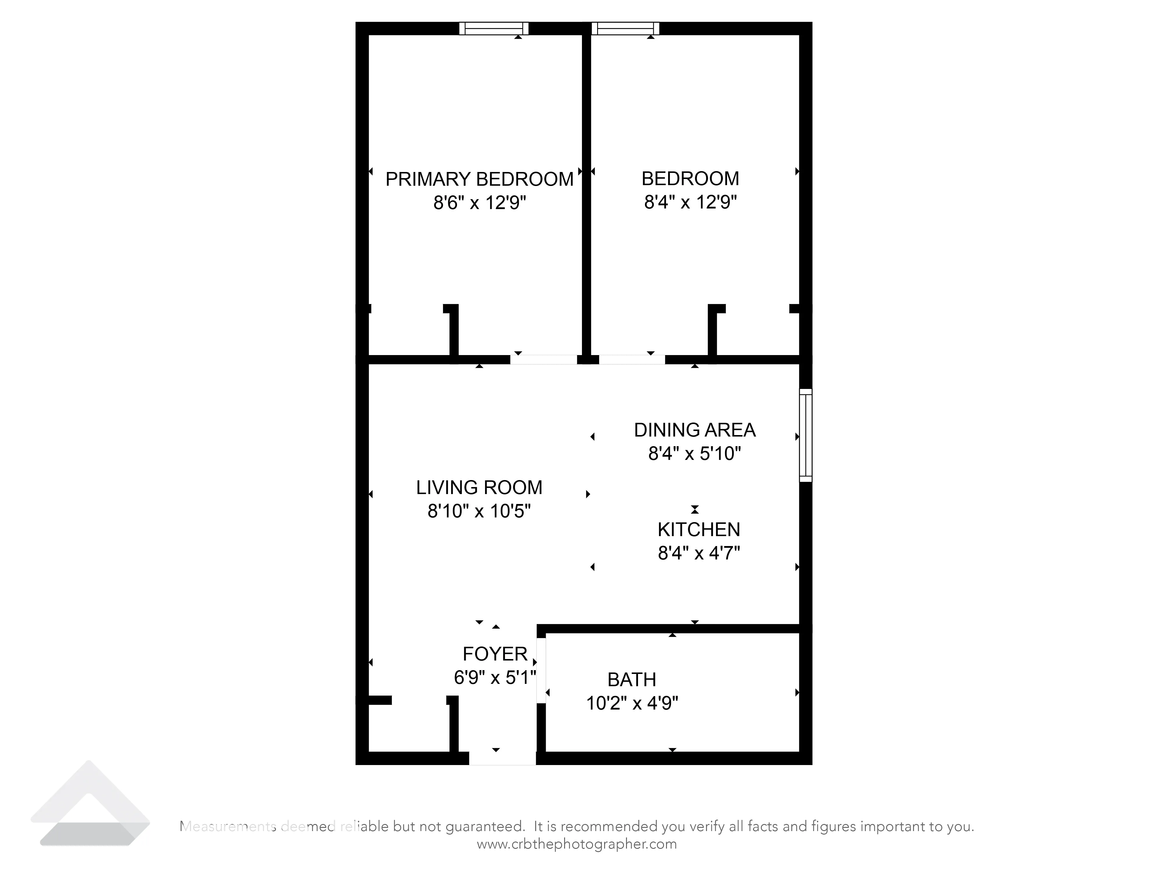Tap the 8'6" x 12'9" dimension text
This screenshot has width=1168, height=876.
pos(479,203)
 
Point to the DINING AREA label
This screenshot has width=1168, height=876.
pos(694,430)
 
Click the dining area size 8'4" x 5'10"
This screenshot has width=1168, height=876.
pos(694,453)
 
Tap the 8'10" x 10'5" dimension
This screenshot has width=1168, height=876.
pos(479,511)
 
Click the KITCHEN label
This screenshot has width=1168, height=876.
pos(698,530)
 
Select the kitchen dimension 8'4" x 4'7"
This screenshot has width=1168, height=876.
pos(698,553)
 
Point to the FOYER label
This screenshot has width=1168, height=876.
pos(495,654)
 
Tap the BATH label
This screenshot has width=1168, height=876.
pos(632,679)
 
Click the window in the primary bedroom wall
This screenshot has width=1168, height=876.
pos(494,29)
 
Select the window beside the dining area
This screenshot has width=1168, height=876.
pos(805,436)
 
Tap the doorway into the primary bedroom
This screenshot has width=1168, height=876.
pos(543,359)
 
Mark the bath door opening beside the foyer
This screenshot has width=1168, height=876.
pos(541,671)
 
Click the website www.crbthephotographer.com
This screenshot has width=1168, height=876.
pos(577,844)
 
